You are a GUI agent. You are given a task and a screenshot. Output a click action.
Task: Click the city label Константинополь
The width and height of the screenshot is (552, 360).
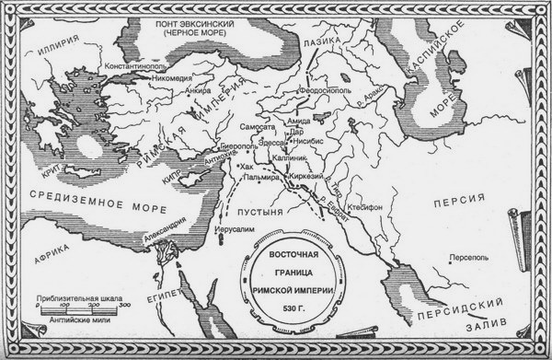point(112,68)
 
